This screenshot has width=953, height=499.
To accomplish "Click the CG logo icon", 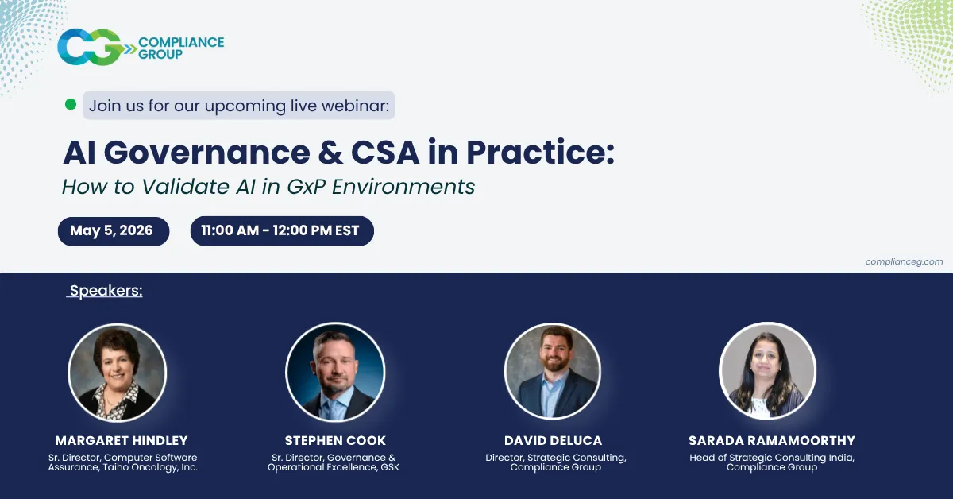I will click(90, 47).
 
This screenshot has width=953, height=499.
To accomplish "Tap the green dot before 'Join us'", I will click(71, 104).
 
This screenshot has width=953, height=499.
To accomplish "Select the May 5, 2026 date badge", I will click(113, 231).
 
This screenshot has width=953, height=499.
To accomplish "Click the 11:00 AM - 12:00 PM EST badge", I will click(281, 231).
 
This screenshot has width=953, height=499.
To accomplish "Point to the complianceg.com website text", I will click(904, 261).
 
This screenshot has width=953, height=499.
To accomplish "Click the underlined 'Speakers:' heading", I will click(106, 291).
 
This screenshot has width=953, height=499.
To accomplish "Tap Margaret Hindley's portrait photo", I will click(117, 372).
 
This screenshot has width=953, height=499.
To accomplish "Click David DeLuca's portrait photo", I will click(553, 372).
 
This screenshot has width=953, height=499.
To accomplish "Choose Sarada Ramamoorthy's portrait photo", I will click(767, 372).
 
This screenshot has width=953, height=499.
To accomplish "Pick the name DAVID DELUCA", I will click(554, 440).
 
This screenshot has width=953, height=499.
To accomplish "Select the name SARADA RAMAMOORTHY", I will click(772, 440).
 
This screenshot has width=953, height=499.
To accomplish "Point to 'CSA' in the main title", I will click(380, 152).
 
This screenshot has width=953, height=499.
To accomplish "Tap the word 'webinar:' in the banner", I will click(355, 105).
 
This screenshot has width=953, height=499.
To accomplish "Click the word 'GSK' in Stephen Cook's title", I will click(389, 467).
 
